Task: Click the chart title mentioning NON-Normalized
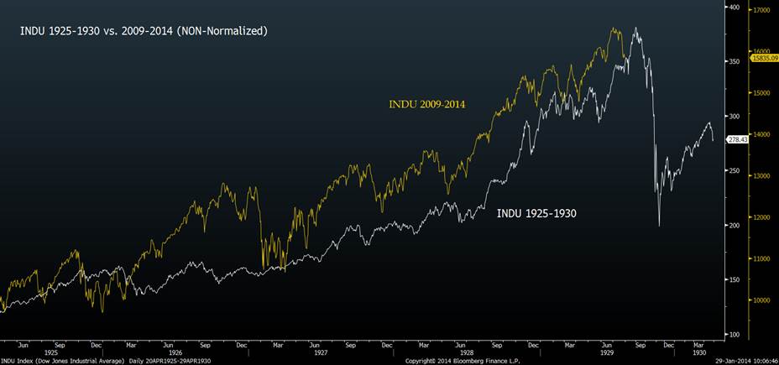[143, 31]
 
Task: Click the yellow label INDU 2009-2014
[426, 104]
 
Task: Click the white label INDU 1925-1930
[536, 213]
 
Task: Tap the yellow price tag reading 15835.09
[763, 57]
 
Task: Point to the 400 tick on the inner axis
[735, 8]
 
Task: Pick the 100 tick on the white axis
[735, 334]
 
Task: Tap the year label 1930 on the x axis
[699, 352]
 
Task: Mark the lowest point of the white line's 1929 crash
[659, 225]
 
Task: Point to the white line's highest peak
[636, 28]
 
